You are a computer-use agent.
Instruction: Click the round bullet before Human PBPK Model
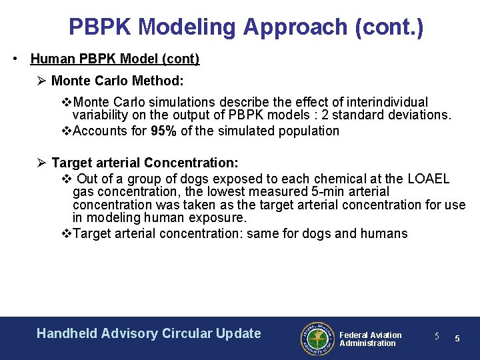[15, 59]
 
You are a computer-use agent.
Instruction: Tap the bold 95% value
[163, 131]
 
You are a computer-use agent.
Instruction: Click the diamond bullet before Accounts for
[65, 131]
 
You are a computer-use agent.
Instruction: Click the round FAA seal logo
[316, 339]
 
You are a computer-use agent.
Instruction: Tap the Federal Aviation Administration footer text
[370, 339]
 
